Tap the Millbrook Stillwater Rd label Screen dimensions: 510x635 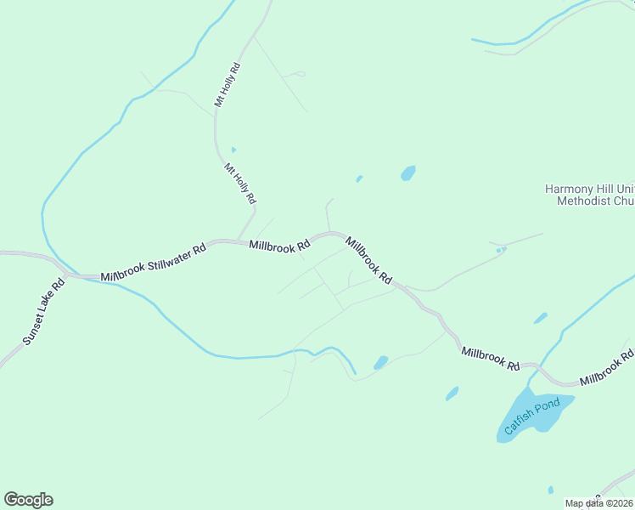tap(153, 263)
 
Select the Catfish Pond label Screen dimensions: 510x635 tap(532, 417)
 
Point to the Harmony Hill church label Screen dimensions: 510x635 tap(589, 195)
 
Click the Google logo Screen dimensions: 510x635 tap(28, 500)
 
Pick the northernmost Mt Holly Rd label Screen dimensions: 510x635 tap(228, 84)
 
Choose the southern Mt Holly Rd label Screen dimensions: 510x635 tap(240, 183)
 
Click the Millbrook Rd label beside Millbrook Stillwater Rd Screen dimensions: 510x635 tap(279, 246)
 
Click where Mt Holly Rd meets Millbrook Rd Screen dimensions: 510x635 tap(239, 241)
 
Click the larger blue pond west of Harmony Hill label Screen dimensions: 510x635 tap(408, 173)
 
